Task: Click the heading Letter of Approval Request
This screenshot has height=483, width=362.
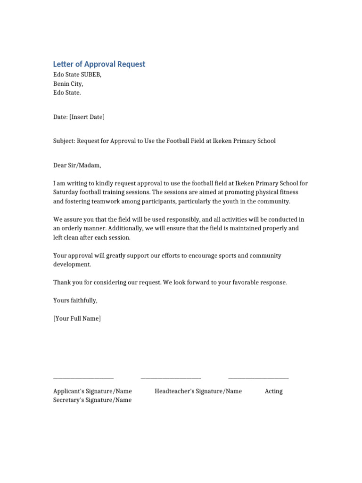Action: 99,64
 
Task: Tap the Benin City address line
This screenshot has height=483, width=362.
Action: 68,84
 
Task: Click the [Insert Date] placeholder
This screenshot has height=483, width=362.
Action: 87,117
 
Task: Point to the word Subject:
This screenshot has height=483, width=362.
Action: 64,141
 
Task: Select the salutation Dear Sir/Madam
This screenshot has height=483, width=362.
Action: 77,166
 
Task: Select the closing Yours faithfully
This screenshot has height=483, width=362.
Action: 75,300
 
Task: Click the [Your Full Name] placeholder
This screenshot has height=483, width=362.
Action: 77,319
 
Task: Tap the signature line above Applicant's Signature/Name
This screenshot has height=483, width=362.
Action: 83,378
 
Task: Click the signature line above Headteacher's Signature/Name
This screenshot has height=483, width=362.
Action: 171,378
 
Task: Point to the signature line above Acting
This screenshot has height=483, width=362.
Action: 258,378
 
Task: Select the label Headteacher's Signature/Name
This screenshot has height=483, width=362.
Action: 198,391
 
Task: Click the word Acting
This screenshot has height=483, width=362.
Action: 274,391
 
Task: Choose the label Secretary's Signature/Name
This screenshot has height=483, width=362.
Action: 92,400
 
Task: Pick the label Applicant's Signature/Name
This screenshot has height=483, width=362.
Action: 92,391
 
